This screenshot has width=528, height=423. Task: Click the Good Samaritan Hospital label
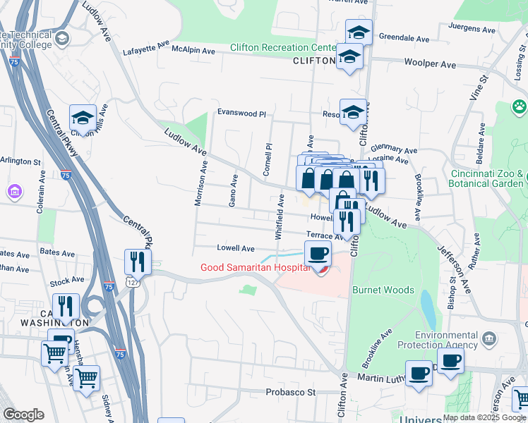[x=255, y=267]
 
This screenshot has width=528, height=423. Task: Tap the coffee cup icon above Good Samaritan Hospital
[x=318, y=252]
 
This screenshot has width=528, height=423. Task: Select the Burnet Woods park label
[x=382, y=289]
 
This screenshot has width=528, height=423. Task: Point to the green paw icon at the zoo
[x=520, y=107]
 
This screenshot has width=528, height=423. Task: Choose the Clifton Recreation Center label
[x=283, y=48]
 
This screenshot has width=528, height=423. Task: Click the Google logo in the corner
[x=23, y=415]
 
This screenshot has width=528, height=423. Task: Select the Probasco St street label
[x=289, y=392]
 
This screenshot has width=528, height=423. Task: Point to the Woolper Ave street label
[x=430, y=64]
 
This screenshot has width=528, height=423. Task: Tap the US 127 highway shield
[x=132, y=282]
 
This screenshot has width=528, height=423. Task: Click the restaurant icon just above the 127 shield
[x=137, y=262]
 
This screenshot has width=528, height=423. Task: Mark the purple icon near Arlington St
[x=13, y=191]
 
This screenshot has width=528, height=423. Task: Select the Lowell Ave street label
[x=236, y=248]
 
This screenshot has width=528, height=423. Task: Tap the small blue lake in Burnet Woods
[x=428, y=309]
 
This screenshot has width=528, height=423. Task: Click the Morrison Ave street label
[x=200, y=184]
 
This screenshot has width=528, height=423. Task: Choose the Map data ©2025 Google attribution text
[x=484, y=417]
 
